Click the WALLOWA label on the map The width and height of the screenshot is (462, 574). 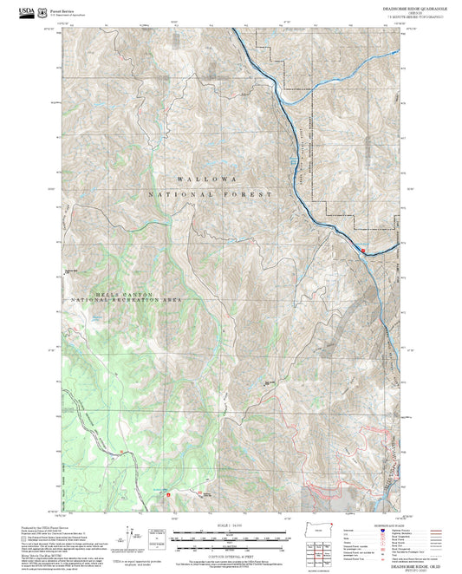[206, 179]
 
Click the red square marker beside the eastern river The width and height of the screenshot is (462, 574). [363, 251]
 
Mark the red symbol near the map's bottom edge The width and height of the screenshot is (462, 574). [168, 497]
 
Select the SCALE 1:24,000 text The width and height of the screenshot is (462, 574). [228, 525]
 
